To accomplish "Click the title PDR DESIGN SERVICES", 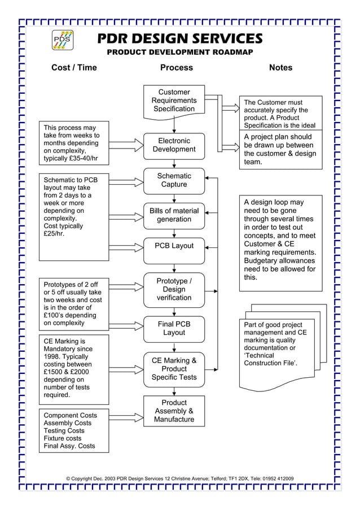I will click(180, 38).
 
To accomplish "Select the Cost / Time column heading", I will click(74, 68).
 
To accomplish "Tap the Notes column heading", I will click(280, 68).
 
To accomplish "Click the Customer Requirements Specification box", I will click(174, 101).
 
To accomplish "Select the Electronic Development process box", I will click(174, 145).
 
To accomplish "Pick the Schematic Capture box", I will click(174, 181).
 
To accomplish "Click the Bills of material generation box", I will click(174, 215).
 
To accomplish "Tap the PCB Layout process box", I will click(174, 246).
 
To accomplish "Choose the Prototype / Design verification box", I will click(174, 289).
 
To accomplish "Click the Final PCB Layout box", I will click(174, 329).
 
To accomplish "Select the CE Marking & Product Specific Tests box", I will click(174, 369).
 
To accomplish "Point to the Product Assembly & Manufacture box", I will click(174, 412).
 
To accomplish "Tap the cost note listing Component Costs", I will click(74, 431).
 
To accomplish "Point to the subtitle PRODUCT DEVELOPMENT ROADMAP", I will click(180, 53).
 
